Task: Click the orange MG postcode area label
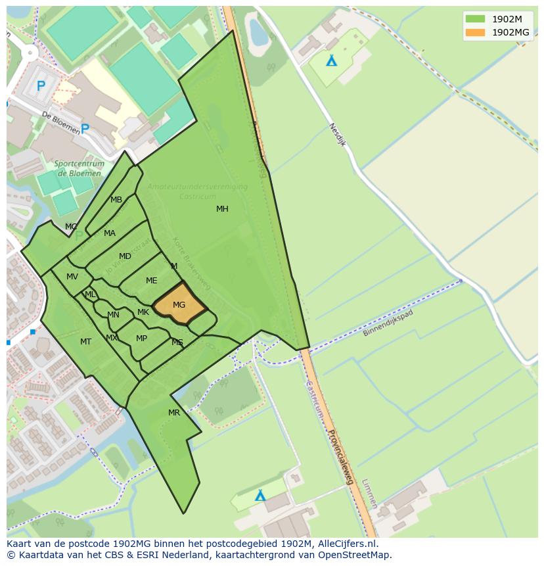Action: (x=179, y=305)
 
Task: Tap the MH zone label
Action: (x=222, y=209)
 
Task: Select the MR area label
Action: (x=173, y=413)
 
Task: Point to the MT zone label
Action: (x=85, y=342)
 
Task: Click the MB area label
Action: (x=116, y=200)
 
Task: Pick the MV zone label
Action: (x=72, y=277)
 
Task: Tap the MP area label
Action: (x=141, y=339)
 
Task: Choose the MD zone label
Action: (x=125, y=256)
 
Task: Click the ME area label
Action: (x=151, y=281)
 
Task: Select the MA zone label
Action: (x=109, y=233)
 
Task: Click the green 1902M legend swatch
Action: (x=475, y=19)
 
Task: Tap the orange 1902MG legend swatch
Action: (x=475, y=32)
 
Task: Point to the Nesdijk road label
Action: (x=338, y=136)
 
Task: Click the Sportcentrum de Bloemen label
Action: (x=78, y=169)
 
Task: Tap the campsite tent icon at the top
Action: (x=332, y=60)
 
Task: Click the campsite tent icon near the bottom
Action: (x=260, y=495)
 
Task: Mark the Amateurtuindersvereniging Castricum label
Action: (x=197, y=192)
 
